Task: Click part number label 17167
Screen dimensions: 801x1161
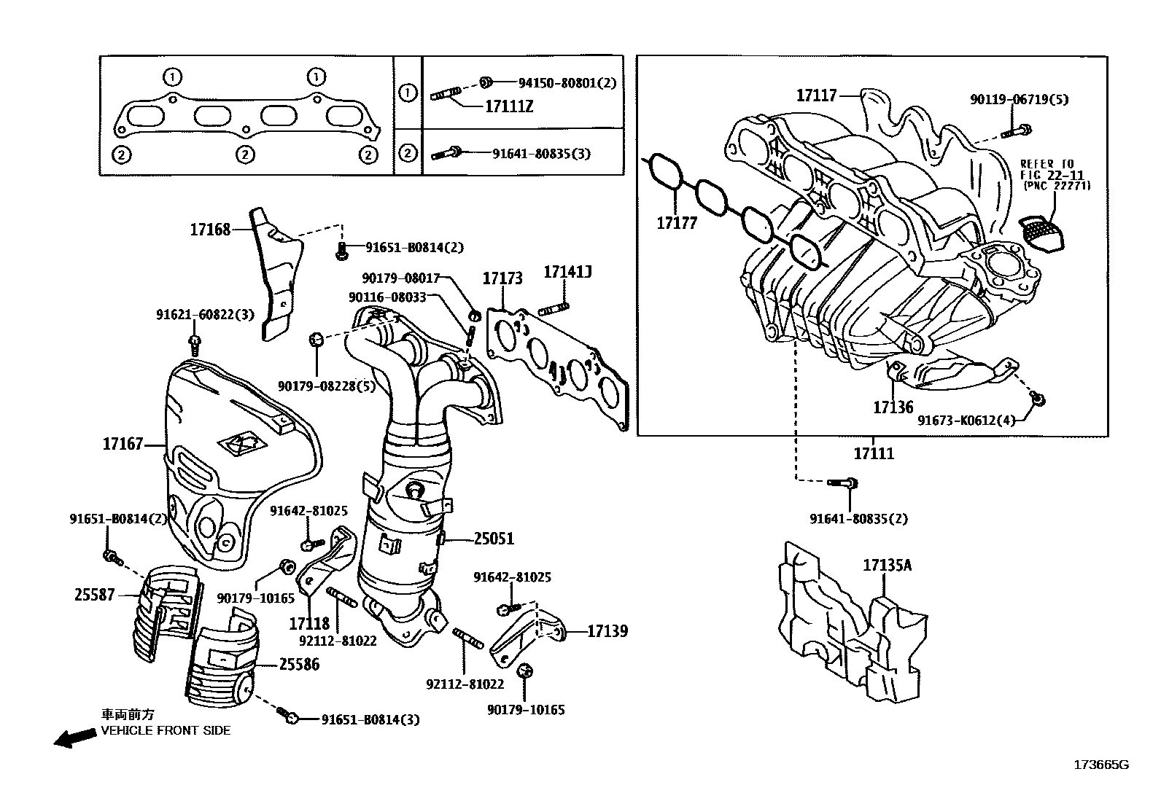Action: click(123, 444)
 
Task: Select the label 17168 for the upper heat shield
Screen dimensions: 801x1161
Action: click(210, 230)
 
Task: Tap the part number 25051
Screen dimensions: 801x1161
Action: click(494, 539)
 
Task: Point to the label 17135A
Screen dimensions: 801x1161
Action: click(888, 565)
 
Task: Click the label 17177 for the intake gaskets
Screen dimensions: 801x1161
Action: click(677, 222)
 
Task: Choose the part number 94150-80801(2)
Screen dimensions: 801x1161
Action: click(567, 83)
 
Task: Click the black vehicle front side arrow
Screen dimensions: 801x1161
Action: click(75, 738)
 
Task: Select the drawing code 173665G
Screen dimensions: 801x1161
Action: click(1100, 765)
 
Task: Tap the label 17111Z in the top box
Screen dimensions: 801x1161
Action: click(509, 107)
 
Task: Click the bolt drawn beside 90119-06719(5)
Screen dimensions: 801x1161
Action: click(1018, 132)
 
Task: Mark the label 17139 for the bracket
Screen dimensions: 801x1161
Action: click(607, 631)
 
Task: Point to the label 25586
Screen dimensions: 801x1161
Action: click(298, 665)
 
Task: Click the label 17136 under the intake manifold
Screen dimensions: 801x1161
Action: click(893, 407)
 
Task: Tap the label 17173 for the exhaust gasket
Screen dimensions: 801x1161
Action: click(502, 278)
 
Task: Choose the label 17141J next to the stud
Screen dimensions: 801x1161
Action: click(567, 273)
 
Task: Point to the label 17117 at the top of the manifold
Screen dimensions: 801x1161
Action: click(816, 95)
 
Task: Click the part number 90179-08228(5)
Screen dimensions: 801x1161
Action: click(326, 386)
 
